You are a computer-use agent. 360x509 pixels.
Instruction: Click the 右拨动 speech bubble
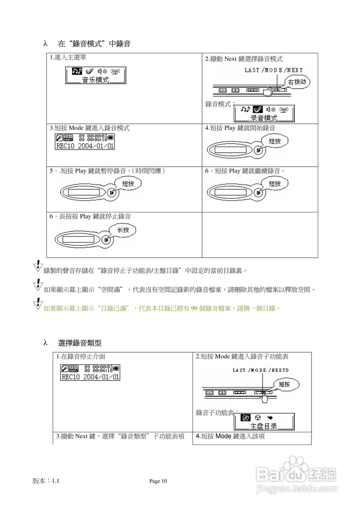pyautogui.click(x=297, y=82)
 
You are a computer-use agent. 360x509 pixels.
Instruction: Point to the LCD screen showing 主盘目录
pyautogui.click(x=264, y=422)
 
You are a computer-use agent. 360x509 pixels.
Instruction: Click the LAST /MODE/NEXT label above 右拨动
pyautogui.click(x=274, y=70)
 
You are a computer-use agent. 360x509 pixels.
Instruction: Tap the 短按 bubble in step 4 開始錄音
pyautogui.click(x=274, y=141)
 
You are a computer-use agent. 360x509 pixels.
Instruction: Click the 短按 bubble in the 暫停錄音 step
pyautogui.click(x=128, y=183)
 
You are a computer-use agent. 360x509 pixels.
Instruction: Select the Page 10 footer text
pyautogui.click(x=158, y=481)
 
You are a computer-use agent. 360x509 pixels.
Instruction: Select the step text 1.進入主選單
pyautogui.click(x=68, y=58)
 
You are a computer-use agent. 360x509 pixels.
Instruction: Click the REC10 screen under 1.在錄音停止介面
pyautogui.click(x=90, y=372)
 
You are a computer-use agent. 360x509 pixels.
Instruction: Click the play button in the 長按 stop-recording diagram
pyautogui.click(x=106, y=240)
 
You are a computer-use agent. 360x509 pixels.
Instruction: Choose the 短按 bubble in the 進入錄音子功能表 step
pyautogui.click(x=284, y=384)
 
